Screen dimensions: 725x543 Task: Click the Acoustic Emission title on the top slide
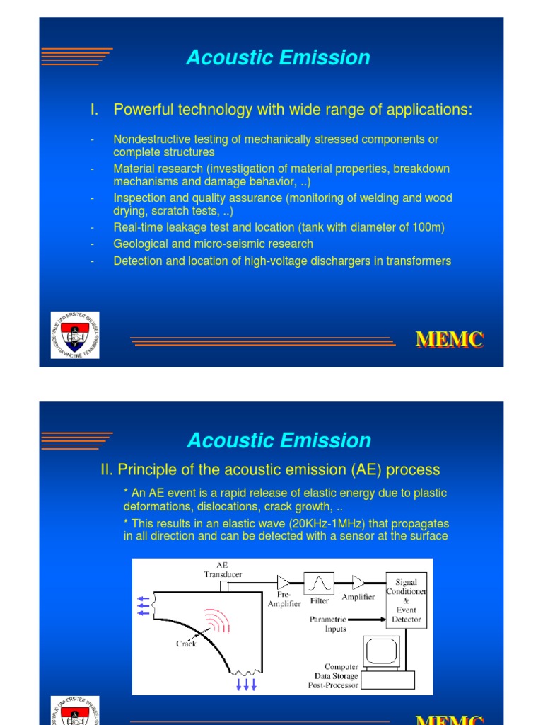tap(278, 58)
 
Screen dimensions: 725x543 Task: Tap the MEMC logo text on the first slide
tap(449, 340)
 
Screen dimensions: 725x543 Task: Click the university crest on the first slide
tap(75, 335)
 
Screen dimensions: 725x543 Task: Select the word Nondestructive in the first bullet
tap(147, 139)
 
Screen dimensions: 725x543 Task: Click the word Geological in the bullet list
tap(139, 244)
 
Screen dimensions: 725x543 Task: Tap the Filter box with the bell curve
tap(320, 584)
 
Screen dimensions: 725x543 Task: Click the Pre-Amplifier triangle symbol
tap(284, 583)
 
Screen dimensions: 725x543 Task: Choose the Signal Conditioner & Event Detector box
tap(407, 600)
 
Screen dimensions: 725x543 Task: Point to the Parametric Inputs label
tap(328, 624)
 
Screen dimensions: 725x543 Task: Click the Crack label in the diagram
tap(186, 644)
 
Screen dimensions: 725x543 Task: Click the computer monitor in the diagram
tap(380, 655)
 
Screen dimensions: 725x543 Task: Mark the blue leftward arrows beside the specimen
tap(144, 605)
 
